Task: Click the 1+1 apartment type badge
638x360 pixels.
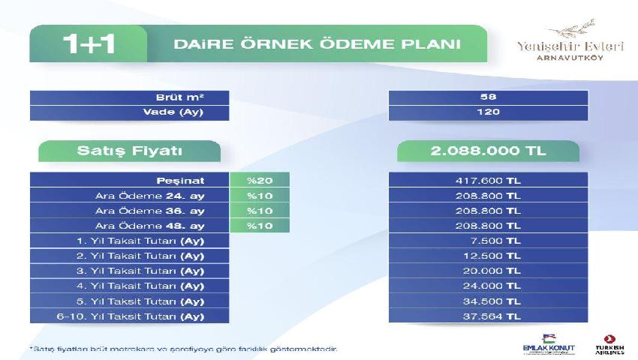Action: [89, 43]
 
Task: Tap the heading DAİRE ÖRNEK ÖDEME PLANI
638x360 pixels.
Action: [317, 44]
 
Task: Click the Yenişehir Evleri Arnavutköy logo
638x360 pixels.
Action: [570, 40]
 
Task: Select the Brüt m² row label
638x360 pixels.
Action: [179, 97]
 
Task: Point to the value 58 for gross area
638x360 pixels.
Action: [488, 97]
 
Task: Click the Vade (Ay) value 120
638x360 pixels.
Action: [488, 112]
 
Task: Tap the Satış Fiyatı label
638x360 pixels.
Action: [129, 151]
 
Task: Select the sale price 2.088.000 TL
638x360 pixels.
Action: [488, 151]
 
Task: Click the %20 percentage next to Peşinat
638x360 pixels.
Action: [260, 181]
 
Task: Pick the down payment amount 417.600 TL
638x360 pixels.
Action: [488, 181]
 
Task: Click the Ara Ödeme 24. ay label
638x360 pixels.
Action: [149, 196]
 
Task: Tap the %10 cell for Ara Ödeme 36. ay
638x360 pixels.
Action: [260, 211]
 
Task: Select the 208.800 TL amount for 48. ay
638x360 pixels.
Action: [488, 226]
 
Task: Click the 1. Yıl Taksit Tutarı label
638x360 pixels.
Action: [140, 241]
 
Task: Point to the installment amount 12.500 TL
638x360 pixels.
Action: [492, 256]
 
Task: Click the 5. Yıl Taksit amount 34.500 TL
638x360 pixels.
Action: [492, 301]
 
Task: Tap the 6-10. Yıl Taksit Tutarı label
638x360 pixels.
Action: [130, 316]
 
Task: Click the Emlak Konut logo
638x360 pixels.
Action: [549, 344]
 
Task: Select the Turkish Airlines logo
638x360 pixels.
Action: [609, 345]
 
